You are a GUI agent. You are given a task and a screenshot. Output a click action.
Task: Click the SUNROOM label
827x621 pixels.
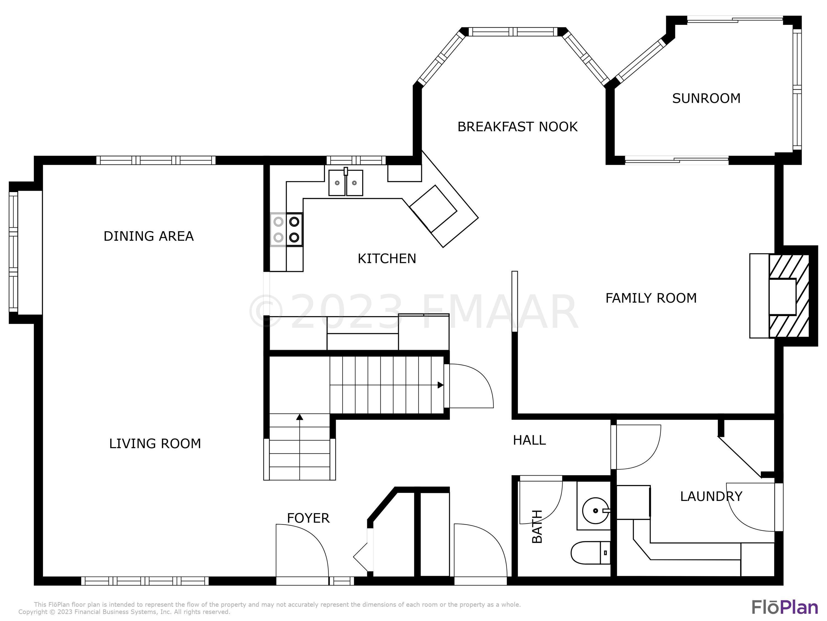pos(706,99)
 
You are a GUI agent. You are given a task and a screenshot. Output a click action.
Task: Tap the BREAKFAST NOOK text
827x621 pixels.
pos(517,127)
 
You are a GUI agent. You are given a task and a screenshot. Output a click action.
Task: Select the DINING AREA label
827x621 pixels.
pos(148,236)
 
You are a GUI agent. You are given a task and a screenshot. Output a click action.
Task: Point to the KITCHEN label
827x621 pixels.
pos(386,259)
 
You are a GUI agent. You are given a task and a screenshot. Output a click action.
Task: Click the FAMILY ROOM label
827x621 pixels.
pos(651,298)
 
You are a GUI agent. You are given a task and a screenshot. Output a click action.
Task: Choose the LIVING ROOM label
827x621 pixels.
pos(155,444)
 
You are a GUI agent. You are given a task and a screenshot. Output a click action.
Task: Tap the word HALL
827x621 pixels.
pos(529,440)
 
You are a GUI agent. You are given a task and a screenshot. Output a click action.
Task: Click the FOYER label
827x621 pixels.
pos(308,518)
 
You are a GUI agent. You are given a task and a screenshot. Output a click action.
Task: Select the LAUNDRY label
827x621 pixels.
pos(711,496)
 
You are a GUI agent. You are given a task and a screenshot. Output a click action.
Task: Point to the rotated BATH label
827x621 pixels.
pos(537,526)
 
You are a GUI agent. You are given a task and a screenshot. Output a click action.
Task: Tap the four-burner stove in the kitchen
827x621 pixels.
pos(286,229)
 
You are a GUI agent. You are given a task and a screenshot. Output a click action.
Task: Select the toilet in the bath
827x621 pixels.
pos(591,553)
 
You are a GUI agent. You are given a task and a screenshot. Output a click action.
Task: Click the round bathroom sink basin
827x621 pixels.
pos(595,511)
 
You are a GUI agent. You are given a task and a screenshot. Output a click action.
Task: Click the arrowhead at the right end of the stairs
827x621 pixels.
pos(441,385)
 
